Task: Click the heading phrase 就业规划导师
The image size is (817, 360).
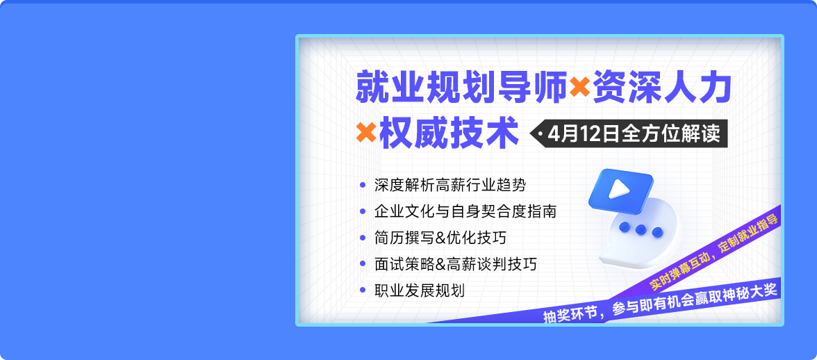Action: (461, 88)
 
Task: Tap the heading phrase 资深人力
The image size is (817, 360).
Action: (661, 88)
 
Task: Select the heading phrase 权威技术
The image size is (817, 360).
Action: (449, 132)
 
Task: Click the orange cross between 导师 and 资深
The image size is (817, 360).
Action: (579, 88)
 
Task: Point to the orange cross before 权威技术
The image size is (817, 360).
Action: (365, 132)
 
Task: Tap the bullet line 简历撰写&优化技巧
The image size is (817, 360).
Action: (440, 238)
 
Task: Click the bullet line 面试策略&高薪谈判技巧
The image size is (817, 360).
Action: (456, 265)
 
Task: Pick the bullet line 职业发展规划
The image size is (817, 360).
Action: (420, 291)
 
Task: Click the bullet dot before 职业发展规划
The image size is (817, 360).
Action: (363, 291)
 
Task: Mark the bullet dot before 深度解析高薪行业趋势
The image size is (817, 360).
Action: (363, 184)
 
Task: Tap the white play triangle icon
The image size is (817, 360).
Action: (618, 188)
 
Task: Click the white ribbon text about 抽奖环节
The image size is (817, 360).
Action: (660, 303)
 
